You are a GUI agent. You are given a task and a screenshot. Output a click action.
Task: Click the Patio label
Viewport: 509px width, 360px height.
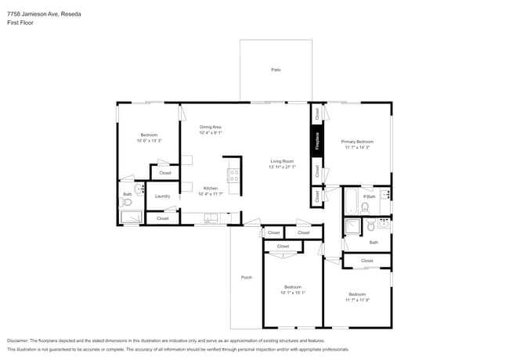(x=276, y=70)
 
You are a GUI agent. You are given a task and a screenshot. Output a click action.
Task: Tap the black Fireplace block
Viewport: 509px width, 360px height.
(x=317, y=142)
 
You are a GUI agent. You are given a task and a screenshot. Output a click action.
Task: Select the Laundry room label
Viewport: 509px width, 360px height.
(x=162, y=196)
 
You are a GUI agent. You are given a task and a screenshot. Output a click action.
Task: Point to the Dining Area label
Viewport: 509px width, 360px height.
(x=210, y=127)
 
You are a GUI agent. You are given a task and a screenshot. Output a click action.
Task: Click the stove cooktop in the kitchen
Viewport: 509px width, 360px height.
(x=233, y=175)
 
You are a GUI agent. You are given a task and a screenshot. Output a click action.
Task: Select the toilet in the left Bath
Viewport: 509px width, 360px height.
(x=127, y=203)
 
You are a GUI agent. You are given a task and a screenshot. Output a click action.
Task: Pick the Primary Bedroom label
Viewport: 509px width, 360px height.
(x=356, y=142)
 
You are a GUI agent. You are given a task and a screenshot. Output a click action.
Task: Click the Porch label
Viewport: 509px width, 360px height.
(x=246, y=278)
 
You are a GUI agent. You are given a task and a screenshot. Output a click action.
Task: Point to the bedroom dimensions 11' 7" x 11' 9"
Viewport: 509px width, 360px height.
(x=357, y=300)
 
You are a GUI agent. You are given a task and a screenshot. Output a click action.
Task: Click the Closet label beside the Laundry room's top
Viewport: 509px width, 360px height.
(x=165, y=173)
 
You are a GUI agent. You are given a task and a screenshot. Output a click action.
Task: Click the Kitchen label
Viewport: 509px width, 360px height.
(x=210, y=188)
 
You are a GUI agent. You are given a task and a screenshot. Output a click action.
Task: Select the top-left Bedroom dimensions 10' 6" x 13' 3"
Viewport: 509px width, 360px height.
(x=149, y=141)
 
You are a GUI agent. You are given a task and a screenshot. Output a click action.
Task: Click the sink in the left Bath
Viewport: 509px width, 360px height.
(x=139, y=189)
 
